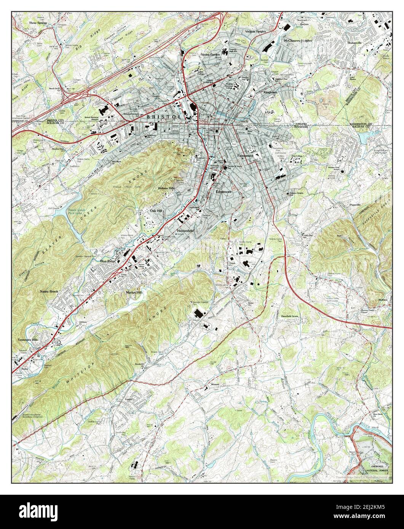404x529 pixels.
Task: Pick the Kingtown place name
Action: click(x=270, y=92)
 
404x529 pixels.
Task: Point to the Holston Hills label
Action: click(x=166, y=188)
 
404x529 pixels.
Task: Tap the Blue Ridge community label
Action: click(x=108, y=261)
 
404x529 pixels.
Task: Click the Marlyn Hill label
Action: click(x=134, y=293)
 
